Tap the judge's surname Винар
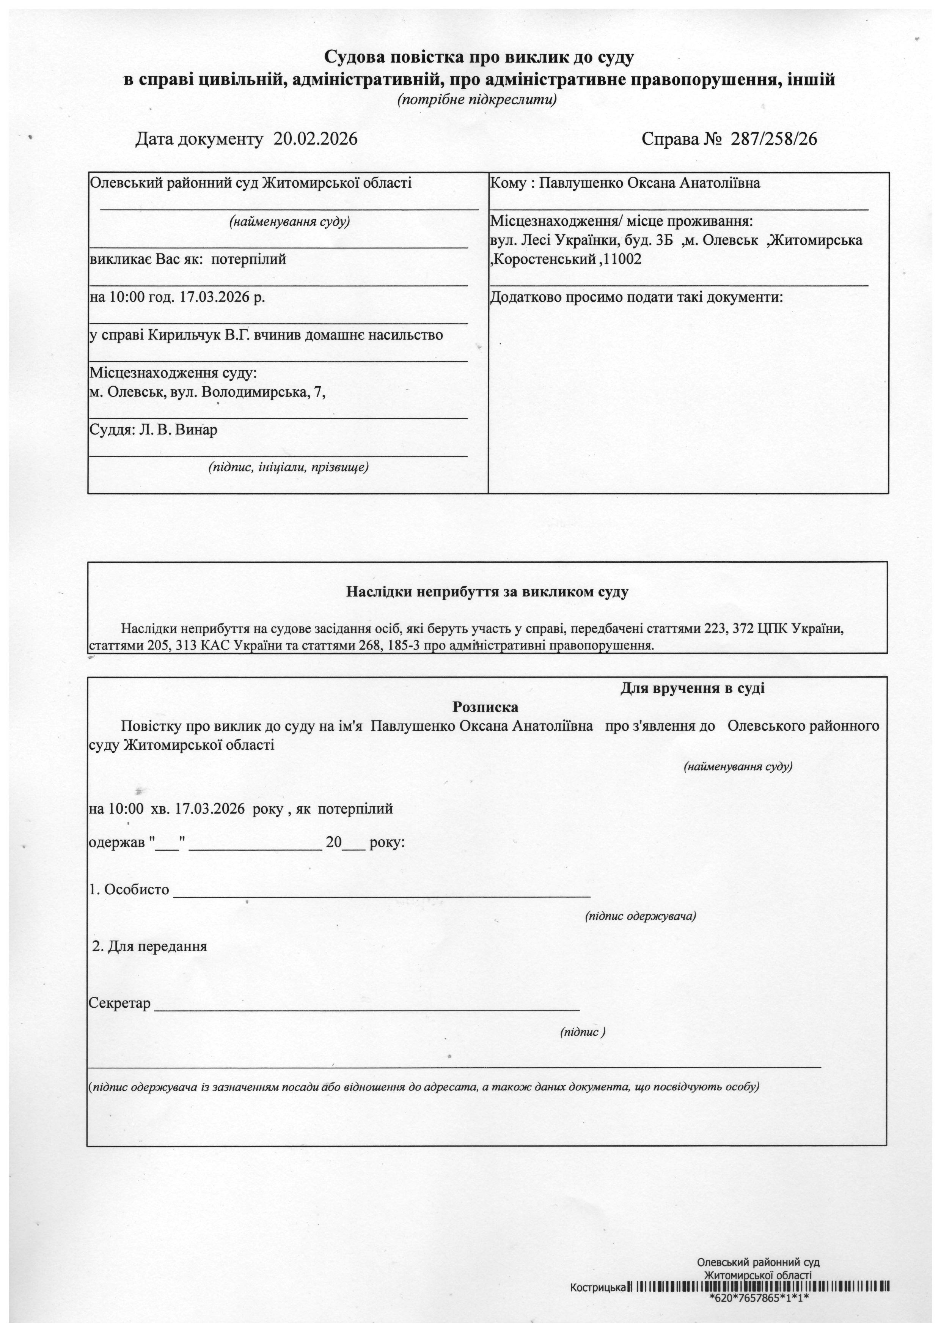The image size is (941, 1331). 198,430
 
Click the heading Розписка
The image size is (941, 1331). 485,707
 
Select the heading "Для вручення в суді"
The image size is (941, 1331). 693,689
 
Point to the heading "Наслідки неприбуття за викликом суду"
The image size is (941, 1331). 487,592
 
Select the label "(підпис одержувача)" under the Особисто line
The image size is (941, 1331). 640,916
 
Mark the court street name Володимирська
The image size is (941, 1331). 251,392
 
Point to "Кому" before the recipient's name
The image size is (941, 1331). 506,184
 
